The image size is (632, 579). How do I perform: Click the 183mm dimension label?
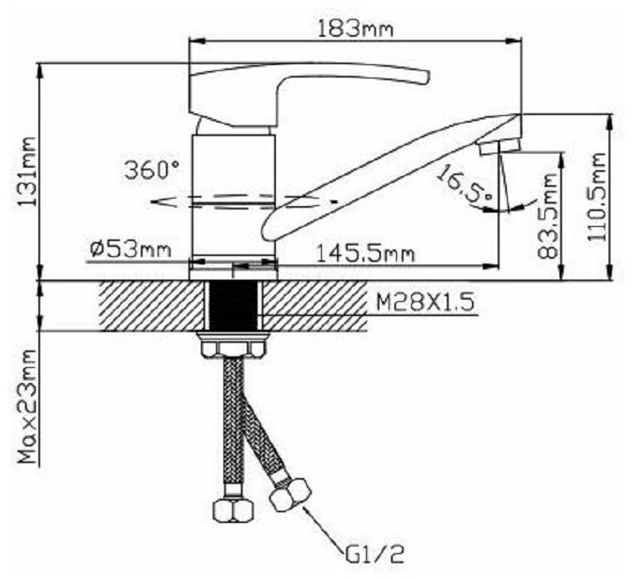[x=354, y=29]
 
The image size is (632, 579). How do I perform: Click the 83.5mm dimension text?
[x=548, y=216]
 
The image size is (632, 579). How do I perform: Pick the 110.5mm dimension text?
[x=596, y=197]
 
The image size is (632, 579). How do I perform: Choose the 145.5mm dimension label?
[x=365, y=254]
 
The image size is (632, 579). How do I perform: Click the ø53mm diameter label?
[x=131, y=250]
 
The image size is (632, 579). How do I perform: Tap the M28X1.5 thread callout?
[x=425, y=302]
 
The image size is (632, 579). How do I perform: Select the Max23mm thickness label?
[x=28, y=406]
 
